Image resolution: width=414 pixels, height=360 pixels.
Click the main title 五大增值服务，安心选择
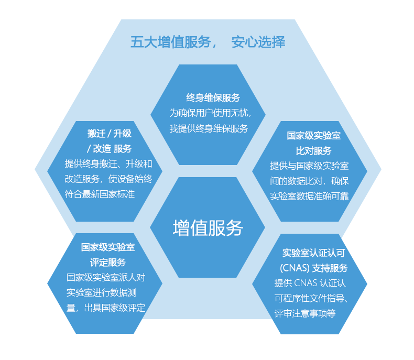pos(208,42)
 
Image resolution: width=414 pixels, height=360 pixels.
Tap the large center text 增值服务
pos(208,228)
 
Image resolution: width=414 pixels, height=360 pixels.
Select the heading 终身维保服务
pos(213,97)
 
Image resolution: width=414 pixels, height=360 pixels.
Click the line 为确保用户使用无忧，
pos(211,113)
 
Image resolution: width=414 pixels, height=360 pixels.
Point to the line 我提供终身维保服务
pos(209,128)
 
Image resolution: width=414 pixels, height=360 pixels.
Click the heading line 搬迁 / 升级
pos(110,133)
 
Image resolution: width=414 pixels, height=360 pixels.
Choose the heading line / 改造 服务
pos(110,149)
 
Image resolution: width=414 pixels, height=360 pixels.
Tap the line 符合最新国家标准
pos(100,194)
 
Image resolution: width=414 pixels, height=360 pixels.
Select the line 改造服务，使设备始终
pos(108,179)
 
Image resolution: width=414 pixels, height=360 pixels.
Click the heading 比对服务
pos(314,151)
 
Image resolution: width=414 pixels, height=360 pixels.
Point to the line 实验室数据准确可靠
pos(309,196)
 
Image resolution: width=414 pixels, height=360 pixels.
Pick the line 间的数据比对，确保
pos(309,181)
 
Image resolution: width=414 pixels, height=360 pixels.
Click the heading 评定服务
pos(108,263)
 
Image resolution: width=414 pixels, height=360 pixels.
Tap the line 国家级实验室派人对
pos(106,277)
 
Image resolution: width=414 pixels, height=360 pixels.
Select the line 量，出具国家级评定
pos(106,308)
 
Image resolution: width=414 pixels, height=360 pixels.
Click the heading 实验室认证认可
pos(314,253)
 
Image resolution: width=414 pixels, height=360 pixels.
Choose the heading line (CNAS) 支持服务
pos(314,268)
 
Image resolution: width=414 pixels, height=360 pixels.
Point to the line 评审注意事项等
pos(305,313)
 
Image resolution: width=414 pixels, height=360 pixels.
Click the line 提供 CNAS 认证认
pos(310,283)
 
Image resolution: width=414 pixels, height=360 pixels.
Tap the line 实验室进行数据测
pos(102,293)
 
